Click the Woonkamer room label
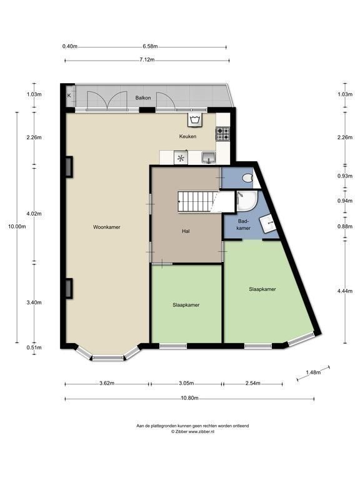106,227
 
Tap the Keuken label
187,136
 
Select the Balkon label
143,98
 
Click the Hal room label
186,231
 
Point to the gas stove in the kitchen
223,134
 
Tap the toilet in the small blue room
247,178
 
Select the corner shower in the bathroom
247,201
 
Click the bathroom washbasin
268,224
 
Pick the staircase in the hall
198,201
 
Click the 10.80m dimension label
190,398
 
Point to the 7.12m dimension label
147,60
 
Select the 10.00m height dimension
17,226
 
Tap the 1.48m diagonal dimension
313,372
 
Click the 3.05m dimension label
186,383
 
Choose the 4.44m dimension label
345,291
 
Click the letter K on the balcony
69,96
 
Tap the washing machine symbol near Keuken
195,120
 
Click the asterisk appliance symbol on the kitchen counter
181,158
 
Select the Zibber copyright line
192,432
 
